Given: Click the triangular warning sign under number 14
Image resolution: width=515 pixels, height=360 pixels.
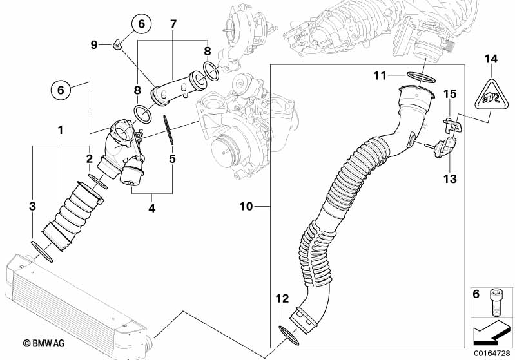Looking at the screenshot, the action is pyautogui.click(x=491, y=95).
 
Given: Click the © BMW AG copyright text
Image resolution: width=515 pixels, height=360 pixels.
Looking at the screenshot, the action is pyautogui.click(x=43, y=343).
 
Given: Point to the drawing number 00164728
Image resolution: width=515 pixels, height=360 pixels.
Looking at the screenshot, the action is pyautogui.click(x=491, y=353).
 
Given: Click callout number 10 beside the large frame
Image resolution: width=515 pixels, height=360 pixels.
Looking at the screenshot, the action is pyautogui.click(x=246, y=207).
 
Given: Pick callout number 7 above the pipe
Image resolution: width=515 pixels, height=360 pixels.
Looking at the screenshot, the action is pyautogui.click(x=173, y=24).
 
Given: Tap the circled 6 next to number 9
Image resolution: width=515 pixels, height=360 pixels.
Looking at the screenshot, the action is pyautogui.click(x=141, y=24).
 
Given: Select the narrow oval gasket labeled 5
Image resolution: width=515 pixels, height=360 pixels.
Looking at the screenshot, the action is pyautogui.click(x=168, y=129).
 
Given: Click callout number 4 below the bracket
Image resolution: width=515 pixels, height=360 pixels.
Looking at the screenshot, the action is pyautogui.click(x=151, y=208).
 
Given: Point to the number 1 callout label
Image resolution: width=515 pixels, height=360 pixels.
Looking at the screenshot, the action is pyautogui.click(x=60, y=130).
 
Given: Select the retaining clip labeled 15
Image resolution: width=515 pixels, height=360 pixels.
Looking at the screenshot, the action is pyautogui.click(x=453, y=126).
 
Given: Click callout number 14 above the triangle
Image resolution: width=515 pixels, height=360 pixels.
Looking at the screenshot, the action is pyautogui.click(x=491, y=59).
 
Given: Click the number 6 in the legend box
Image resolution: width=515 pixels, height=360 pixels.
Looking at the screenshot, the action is pyautogui.click(x=476, y=294).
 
